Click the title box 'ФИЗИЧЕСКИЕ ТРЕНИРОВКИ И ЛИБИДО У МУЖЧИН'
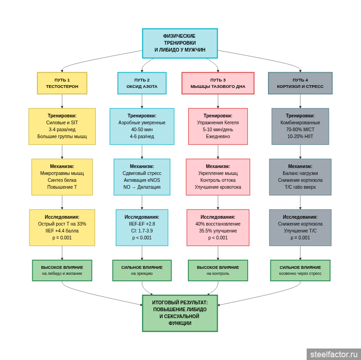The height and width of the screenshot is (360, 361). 180,43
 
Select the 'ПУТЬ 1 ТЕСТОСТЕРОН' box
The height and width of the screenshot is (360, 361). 62,83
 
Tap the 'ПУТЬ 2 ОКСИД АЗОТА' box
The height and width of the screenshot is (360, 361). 142,83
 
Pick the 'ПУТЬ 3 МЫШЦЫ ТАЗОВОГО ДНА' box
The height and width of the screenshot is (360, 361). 218,83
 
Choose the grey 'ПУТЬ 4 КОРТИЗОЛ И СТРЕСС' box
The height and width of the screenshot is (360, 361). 300,83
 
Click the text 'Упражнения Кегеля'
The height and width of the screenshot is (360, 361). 218,123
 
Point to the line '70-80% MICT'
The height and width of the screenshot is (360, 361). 300,130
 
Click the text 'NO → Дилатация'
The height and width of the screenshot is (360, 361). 142,187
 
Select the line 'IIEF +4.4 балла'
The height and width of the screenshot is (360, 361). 62,231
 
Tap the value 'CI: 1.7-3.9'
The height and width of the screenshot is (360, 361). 142,231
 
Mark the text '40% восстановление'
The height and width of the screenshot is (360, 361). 218,224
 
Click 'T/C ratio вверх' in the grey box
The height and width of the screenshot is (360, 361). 300,187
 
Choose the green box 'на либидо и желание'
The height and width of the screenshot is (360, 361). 62,270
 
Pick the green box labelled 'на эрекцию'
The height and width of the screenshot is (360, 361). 142,270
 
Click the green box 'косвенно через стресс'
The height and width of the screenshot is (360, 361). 300,270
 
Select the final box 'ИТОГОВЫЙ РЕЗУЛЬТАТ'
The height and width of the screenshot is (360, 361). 180,313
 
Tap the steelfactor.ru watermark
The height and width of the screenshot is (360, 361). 334,354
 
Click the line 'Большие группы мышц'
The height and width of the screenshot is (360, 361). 62,137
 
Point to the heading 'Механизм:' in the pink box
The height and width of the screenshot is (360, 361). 218,167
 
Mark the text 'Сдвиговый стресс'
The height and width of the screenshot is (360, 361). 142,174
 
